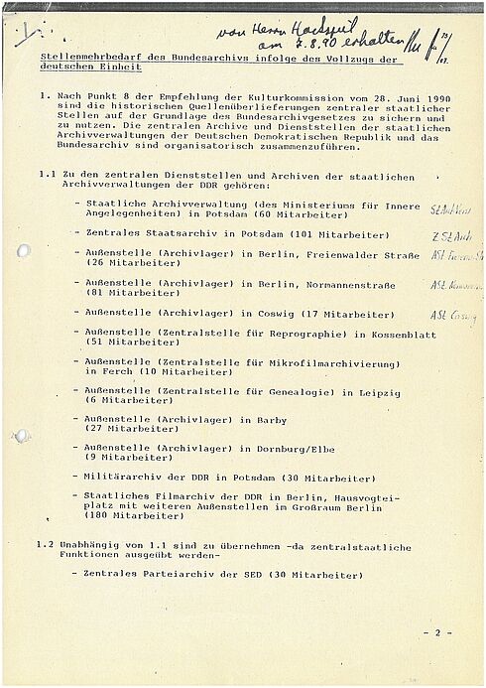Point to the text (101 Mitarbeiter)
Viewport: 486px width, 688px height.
click(336, 234)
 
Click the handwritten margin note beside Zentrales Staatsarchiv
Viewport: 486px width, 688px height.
click(449, 236)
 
